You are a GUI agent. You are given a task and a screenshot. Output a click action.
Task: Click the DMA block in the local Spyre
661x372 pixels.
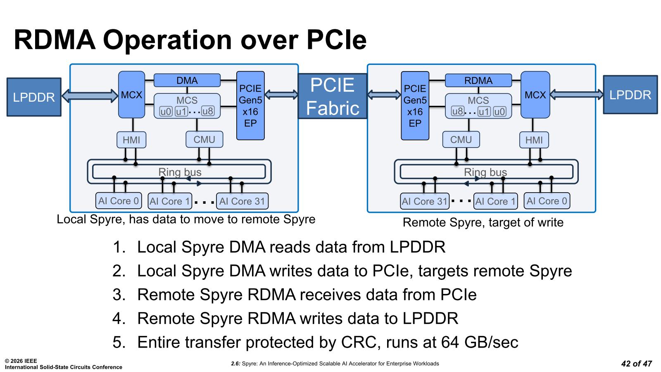(x=187, y=80)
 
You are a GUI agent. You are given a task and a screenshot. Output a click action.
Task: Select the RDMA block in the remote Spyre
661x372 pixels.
(x=478, y=80)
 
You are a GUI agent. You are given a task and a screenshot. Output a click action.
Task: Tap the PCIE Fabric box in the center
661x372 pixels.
(x=332, y=96)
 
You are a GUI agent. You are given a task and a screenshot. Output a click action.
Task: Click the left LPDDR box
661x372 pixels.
(x=34, y=97)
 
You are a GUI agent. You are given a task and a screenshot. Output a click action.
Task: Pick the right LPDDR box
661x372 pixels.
(x=630, y=95)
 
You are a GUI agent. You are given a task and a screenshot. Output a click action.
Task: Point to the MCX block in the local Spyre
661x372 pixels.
(x=131, y=95)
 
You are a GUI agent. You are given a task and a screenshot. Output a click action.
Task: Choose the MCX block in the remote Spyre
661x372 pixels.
(x=535, y=95)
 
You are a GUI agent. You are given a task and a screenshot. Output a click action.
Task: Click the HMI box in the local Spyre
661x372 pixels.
(x=131, y=140)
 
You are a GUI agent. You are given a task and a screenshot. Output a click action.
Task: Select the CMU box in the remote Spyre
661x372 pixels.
(x=461, y=140)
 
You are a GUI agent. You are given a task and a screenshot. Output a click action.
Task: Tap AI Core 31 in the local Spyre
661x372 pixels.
(x=242, y=201)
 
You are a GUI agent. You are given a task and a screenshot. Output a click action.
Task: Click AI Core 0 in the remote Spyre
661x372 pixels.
(x=547, y=201)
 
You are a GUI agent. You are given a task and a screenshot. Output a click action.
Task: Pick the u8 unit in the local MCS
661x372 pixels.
(x=208, y=111)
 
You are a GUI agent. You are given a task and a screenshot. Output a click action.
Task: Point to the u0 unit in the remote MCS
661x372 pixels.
(x=499, y=111)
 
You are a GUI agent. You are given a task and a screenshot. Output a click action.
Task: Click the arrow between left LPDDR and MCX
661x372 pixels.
(x=90, y=96)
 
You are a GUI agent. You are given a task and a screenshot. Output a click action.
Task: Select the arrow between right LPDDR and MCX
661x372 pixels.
(x=576, y=95)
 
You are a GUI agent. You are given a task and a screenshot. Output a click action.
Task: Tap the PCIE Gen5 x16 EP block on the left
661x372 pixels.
(x=250, y=105)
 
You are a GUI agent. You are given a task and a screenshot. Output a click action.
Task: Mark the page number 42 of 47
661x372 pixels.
(x=636, y=364)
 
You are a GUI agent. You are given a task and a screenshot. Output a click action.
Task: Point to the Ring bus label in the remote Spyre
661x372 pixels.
(x=485, y=172)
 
